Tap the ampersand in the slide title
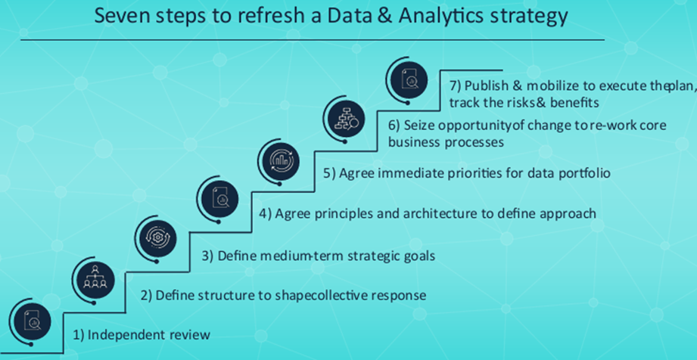(384, 16)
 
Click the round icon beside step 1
(33, 321)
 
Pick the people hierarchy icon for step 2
(95, 280)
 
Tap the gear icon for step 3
(157, 237)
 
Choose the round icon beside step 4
(219, 198)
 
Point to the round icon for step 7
(409, 80)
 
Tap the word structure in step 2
(228, 295)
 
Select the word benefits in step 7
(574, 103)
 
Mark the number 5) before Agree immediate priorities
(329, 173)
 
